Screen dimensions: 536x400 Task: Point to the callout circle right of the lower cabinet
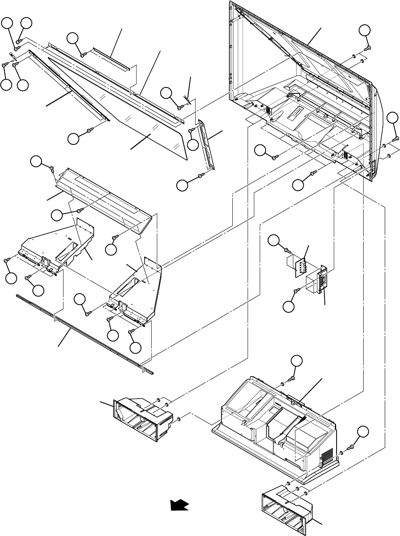[x=364, y=432]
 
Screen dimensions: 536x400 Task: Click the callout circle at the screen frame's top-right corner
[x=365, y=30]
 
